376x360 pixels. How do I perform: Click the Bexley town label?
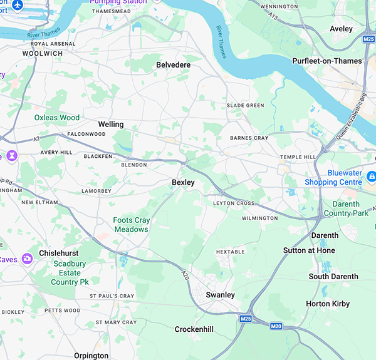pyautogui.click(x=183, y=182)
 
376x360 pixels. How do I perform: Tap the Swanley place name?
pyautogui.click(x=220, y=295)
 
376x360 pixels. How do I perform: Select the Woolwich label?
pyautogui.click(x=43, y=54)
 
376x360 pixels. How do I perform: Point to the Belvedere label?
pyautogui.click(x=173, y=65)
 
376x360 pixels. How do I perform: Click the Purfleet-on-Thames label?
pyautogui.click(x=326, y=61)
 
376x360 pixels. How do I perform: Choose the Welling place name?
pyautogui.click(x=111, y=125)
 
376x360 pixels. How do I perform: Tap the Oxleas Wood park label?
pyautogui.click(x=56, y=117)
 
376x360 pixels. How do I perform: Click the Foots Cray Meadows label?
pyautogui.click(x=130, y=225)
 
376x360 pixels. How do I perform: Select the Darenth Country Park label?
pyautogui.click(x=346, y=208)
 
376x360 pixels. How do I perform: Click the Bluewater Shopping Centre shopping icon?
pyautogui.click(x=372, y=176)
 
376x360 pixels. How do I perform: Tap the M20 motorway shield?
pyautogui.click(x=276, y=326)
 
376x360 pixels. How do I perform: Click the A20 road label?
pyautogui.click(x=184, y=274)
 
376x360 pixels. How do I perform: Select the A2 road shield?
pyautogui.click(x=36, y=138)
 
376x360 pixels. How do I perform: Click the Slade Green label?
pyautogui.click(x=245, y=105)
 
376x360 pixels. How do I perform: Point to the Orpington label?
pyautogui.click(x=91, y=356)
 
